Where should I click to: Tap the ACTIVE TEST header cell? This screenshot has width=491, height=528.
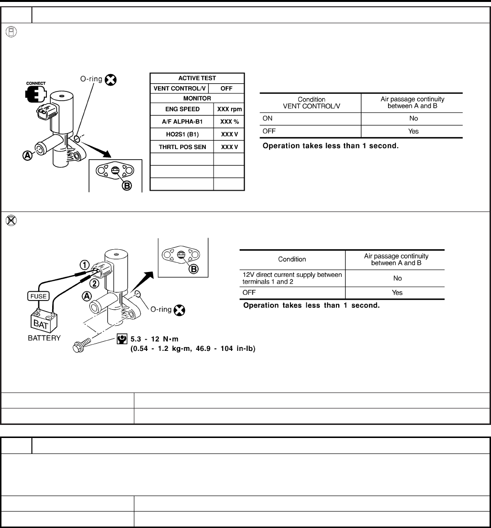pyautogui.click(x=197, y=78)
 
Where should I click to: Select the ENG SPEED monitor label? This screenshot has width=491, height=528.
pyautogui.click(x=182, y=109)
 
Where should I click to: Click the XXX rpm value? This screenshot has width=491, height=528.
pyautogui.click(x=230, y=109)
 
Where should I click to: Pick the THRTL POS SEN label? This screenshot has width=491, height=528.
pyautogui.click(x=182, y=146)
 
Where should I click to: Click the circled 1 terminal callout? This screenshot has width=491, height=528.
pyautogui.click(x=84, y=264)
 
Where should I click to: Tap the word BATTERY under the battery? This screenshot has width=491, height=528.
pyautogui.click(x=44, y=338)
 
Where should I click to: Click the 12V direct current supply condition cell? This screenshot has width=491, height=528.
pyautogui.click(x=292, y=278)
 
